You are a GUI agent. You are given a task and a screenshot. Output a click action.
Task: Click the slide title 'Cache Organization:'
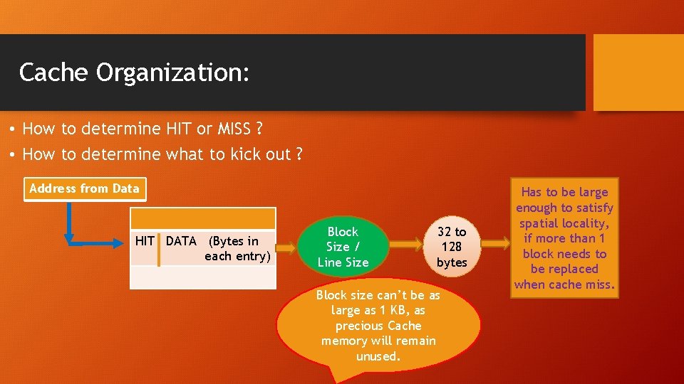click(135, 73)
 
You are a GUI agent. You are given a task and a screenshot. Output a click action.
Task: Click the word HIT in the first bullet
click(179, 129)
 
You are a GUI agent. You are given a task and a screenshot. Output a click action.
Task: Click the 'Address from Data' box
click(85, 189)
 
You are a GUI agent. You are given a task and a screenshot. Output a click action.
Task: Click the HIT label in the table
click(145, 241)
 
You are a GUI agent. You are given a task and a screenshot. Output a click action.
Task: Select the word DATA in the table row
click(181, 241)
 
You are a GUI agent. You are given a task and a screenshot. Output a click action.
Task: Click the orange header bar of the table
click(203, 218)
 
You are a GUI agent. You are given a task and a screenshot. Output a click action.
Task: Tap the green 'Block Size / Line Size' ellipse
click(343, 247)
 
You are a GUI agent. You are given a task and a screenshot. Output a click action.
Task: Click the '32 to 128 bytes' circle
click(452, 247)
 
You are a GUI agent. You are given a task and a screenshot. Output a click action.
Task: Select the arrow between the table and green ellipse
click(285, 247)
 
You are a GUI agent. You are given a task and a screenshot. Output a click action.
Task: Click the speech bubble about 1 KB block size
click(378, 325)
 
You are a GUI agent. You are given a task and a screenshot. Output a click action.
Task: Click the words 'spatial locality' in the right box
click(564, 223)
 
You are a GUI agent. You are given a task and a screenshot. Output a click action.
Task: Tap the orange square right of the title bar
click(638, 73)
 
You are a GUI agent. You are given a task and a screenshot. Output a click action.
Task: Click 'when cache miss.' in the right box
click(564, 284)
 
